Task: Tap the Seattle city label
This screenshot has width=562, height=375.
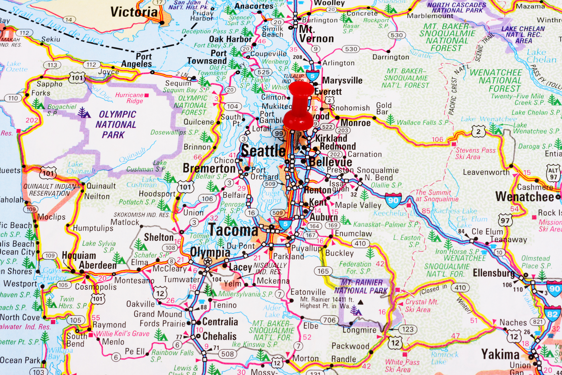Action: point(263,151)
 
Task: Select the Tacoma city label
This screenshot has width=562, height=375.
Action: point(233,230)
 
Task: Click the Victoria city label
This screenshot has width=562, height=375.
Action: point(134,12)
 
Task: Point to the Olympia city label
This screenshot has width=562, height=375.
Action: point(210,252)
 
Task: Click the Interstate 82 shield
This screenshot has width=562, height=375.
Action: point(552,314)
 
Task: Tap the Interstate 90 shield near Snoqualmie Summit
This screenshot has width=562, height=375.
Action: point(393,200)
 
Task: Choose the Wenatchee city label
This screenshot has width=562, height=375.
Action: point(525,197)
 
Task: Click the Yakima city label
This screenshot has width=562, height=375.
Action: point(500,354)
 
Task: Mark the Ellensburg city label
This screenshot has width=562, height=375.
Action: point(494,273)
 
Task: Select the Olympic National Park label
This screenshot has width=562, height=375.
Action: point(116,125)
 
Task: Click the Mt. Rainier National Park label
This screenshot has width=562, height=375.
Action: point(361,287)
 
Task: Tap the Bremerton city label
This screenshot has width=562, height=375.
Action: point(209,168)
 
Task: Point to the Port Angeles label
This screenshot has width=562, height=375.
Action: point(137,60)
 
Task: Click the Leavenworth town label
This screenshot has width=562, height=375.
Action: point(486,172)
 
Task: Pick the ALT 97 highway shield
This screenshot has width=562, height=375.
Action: point(553,173)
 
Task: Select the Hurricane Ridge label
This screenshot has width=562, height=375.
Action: point(129,98)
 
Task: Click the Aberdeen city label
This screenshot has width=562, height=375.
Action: point(98,265)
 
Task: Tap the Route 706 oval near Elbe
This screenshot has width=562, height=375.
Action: point(329,320)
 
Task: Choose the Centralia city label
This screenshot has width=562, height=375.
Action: point(220,322)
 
